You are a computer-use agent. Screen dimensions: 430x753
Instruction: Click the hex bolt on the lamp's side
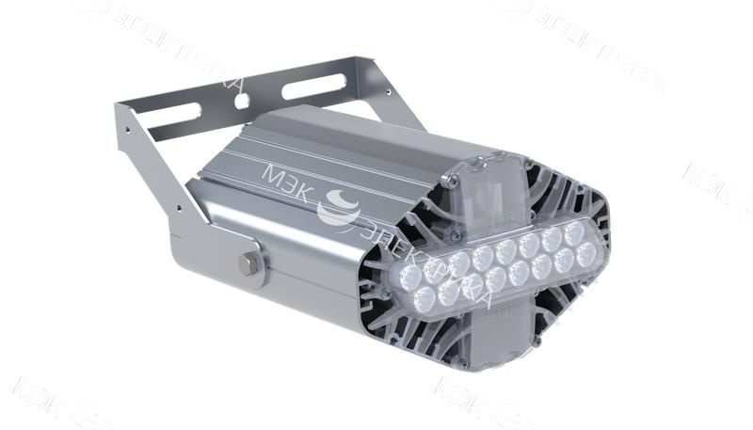tap(248, 263)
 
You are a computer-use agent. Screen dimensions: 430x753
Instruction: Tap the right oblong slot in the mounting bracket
tap(310, 88)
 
